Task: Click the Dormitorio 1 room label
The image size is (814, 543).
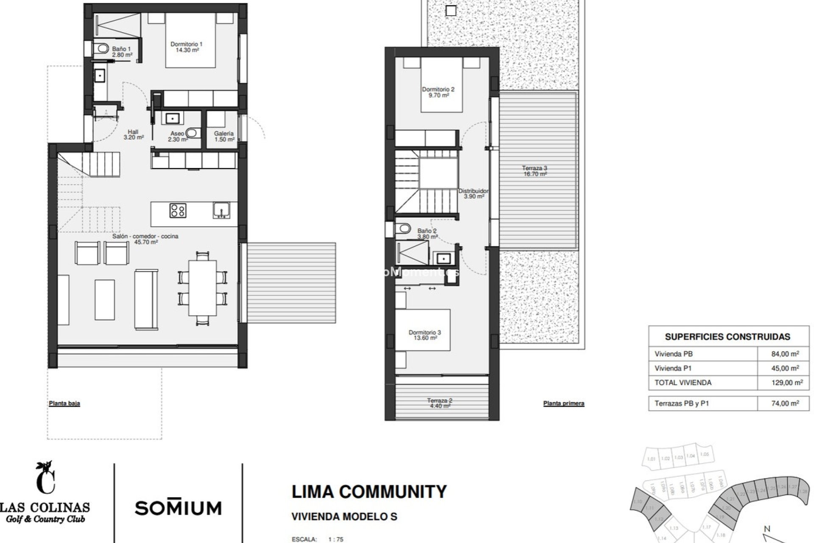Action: tap(187, 47)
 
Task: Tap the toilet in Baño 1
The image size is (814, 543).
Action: tap(102, 48)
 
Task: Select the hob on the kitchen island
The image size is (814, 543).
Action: tap(178, 210)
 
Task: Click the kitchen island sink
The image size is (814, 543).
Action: tap(221, 210)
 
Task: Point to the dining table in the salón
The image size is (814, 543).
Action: tap(202, 288)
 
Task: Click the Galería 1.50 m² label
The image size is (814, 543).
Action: tap(224, 136)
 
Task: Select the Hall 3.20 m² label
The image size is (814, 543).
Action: tap(134, 134)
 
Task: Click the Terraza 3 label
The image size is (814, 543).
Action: tap(534, 171)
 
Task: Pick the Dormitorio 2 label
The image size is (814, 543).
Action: tap(438, 92)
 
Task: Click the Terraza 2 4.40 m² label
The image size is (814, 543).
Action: tap(440, 403)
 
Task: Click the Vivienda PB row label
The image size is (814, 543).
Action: tap(673, 354)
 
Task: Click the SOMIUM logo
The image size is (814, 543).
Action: tap(178, 507)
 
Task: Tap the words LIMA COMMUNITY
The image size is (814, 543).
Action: tap(369, 492)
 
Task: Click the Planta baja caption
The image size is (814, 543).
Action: tap(64, 403)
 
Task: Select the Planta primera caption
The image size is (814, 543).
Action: tap(563, 403)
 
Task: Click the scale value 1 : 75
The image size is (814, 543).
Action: tap(336, 540)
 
